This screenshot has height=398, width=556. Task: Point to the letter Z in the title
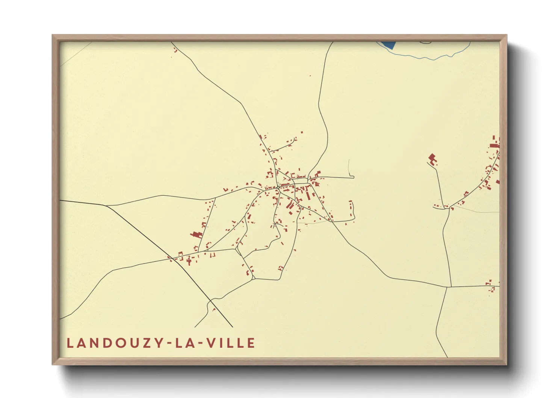[141, 343]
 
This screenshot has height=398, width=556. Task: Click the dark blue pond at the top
[389, 45]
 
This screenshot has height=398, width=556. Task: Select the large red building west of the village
[196, 234]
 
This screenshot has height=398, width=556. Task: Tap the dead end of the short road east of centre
[354, 177]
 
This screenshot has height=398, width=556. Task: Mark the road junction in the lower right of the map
[447, 287]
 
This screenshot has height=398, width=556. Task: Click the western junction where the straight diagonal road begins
[107, 206]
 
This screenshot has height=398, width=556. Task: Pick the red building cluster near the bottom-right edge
[490, 286]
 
